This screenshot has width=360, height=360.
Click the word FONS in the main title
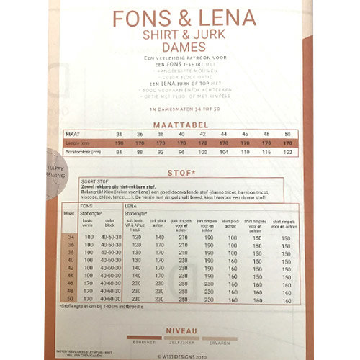pos(135,18)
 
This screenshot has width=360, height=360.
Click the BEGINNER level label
pos(143,343)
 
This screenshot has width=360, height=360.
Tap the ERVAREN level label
pos(219,343)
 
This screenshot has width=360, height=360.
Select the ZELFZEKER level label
pos(181,343)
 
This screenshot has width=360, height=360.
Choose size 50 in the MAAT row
pos(288,135)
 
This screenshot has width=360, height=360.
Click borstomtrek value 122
pos(288,152)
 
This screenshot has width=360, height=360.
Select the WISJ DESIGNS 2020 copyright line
pos(180,354)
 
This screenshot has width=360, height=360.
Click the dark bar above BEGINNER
pos(143,337)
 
